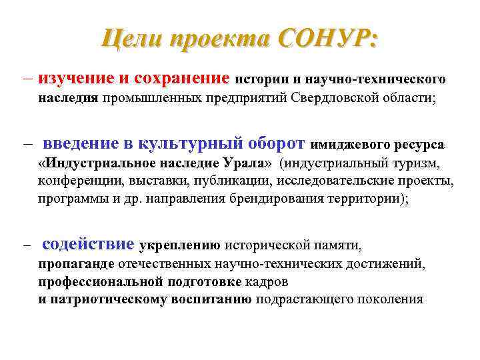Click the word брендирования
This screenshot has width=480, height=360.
[x=281, y=199]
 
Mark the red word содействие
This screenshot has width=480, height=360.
[x=88, y=245]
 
